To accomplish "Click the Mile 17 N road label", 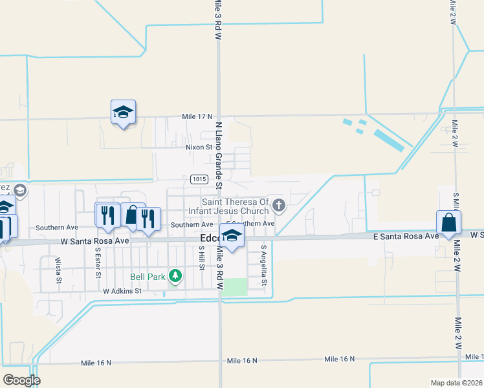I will pyautogui.click(x=197, y=116).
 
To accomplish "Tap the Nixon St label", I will pyautogui.click(x=199, y=147).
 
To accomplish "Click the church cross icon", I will pyautogui.click(x=279, y=206).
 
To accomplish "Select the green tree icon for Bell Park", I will pyautogui.click(x=175, y=276).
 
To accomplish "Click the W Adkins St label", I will pyautogui.click(x=122, y=292).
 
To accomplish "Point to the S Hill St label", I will pyautogui.click(x=202, y=257).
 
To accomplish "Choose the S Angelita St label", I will pyautogui.click(x=264, y=265).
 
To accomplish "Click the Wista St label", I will pyautogui.click(x=58, y=270).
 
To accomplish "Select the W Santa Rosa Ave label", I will pyautogui.click(x=95, y=241).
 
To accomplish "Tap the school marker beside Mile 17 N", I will pyautogui.click(x=123, y=113).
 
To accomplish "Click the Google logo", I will pyautogui.click(x=21, y=380).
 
